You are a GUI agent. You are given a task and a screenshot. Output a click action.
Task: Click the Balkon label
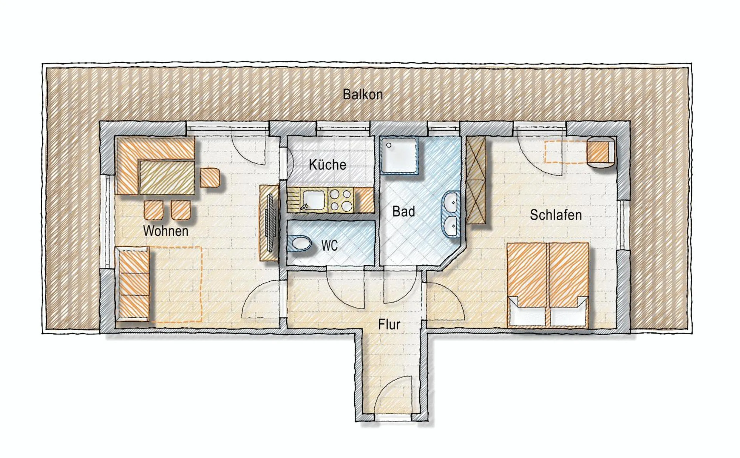362,95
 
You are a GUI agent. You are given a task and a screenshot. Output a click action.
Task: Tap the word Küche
327,165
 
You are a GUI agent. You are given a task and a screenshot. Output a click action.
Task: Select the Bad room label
403,212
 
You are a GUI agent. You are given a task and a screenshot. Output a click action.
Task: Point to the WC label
329,246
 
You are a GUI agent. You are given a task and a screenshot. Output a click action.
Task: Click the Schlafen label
556,215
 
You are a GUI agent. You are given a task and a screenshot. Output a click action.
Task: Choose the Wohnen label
166,231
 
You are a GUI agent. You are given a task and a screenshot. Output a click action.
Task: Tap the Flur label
389,325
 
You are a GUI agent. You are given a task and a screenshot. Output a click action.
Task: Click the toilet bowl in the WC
302,243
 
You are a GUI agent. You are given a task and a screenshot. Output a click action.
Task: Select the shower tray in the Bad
400,155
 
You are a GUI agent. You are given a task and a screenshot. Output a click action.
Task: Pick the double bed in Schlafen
547,285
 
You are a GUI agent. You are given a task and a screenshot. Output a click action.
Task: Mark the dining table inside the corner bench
167,178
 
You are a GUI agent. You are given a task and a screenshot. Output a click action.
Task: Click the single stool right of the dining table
210,178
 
